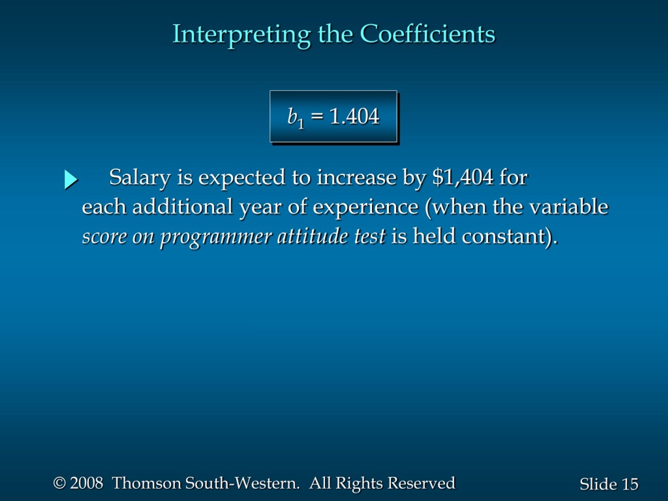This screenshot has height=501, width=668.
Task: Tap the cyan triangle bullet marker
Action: (x=71, y=180)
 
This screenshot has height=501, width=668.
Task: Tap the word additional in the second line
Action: (x=182, y=207)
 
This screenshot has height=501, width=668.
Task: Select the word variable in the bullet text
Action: (x=569, y=207)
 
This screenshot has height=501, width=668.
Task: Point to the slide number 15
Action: (x=630, y=484)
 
